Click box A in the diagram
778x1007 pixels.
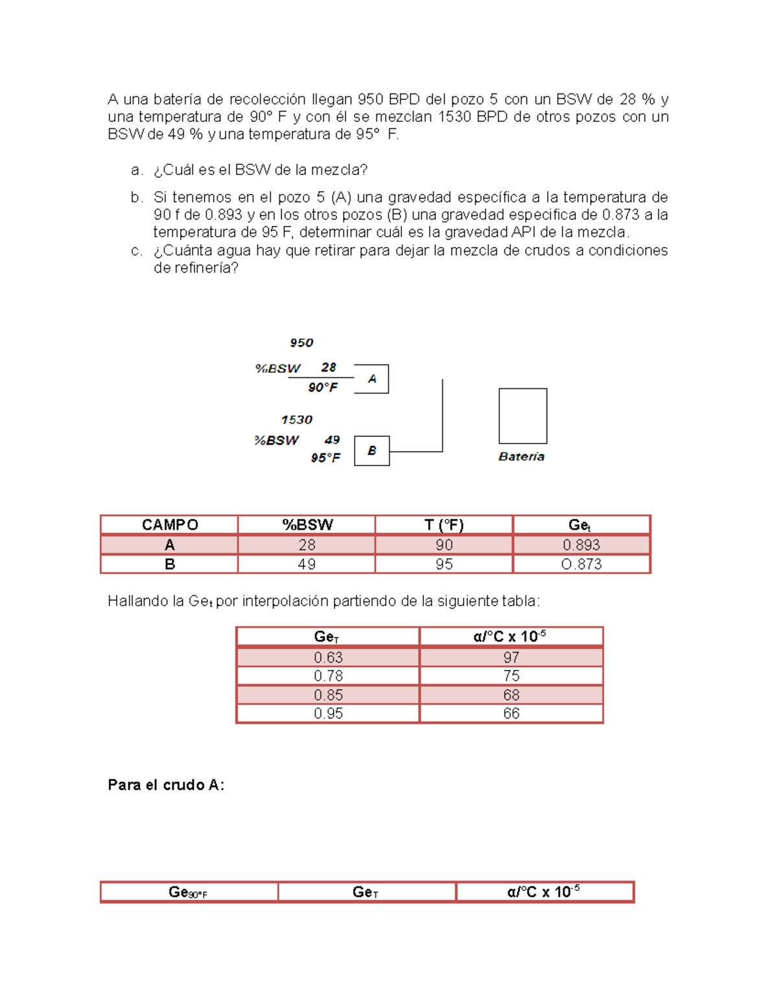tap(371, 379)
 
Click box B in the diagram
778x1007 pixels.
tap(371, 451)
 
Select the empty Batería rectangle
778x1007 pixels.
tap(523, 416)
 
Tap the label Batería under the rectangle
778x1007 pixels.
tap(521, 456)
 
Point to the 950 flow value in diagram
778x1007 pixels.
tap(301, 342)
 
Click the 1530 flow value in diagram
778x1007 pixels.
tap(297, 420)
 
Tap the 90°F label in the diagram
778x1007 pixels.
tap(323, 387)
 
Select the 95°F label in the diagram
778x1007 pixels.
tap(325, 458)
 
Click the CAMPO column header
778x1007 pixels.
tap(170, 525)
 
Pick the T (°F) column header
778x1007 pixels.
tap(444, 525)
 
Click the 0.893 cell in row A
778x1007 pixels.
tap(581, 545)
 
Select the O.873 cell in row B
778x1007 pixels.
tap(581, 564)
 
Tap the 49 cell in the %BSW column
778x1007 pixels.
tap(307, 564)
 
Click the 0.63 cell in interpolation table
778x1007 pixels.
tap(328, 658)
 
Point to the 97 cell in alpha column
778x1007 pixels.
tap(512, 658)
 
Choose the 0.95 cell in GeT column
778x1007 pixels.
tap(328, 713)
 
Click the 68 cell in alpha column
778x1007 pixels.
tap(512, 695)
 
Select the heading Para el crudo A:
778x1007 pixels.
tap(166, 785)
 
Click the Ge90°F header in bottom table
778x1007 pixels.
tap(188, 892)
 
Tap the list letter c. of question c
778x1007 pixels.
tap(136, 251)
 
